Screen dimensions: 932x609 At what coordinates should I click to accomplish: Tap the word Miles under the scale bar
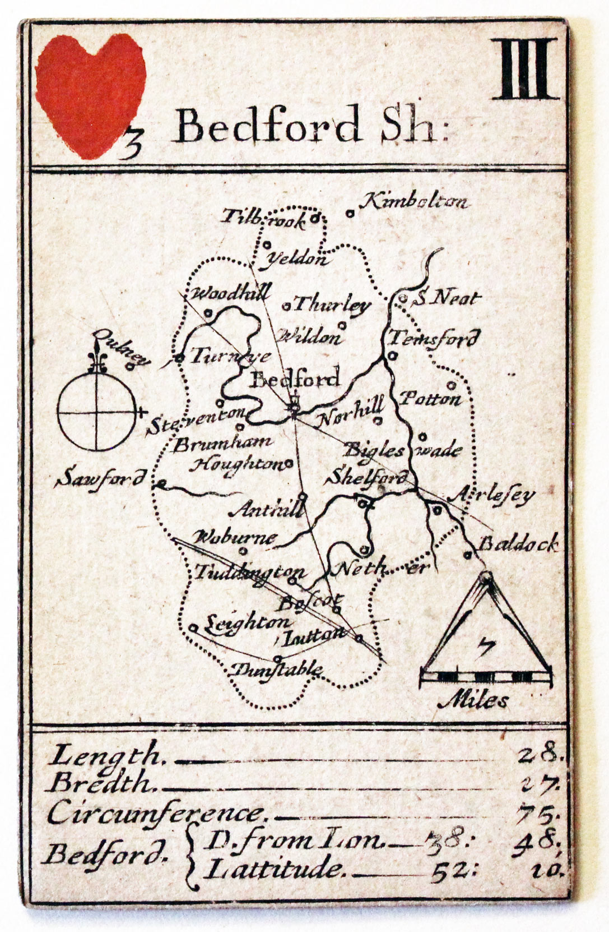(480, 700)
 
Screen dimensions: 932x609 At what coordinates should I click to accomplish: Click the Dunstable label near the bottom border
(277, 669)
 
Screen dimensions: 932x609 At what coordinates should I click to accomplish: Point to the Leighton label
(247, 623)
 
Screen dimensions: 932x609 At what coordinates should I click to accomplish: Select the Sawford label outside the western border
(102, 478)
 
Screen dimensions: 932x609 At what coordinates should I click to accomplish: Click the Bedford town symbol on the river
(294, 407)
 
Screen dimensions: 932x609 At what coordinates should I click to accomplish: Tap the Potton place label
(430, 399)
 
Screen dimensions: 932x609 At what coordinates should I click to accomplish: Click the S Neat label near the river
(447, 298)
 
